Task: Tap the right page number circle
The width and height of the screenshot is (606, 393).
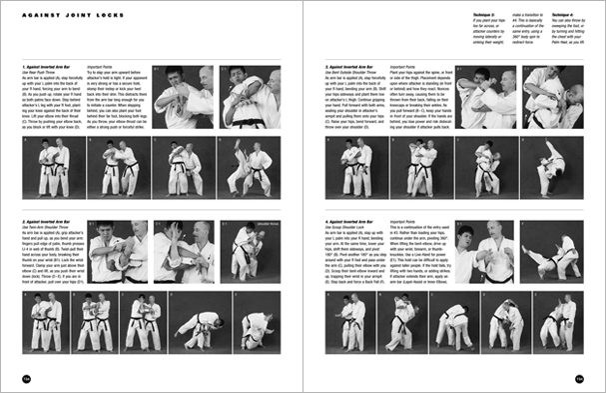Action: [x=580, y=378]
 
